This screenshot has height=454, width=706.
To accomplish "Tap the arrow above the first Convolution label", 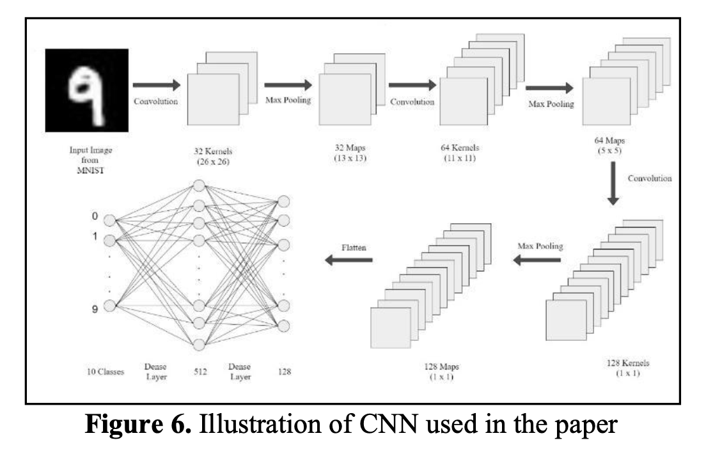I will coord(157,84).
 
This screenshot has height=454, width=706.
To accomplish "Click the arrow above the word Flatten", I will coord(349,259).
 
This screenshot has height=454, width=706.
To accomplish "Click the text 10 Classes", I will coord(106,371).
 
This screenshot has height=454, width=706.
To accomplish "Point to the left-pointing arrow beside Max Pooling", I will coord(537,259).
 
